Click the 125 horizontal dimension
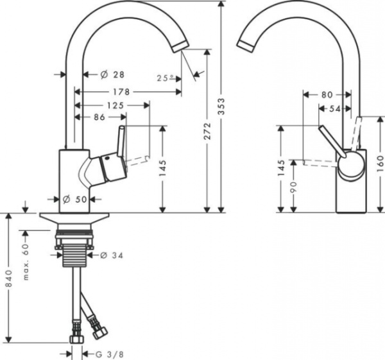[x=115, y=105]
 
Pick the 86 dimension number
[x=100, y=117]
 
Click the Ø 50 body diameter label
[x=75, y=199]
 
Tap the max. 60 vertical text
[x=27, y=261]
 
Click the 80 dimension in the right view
[x=327, y=94]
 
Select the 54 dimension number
[x=335, y=109]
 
